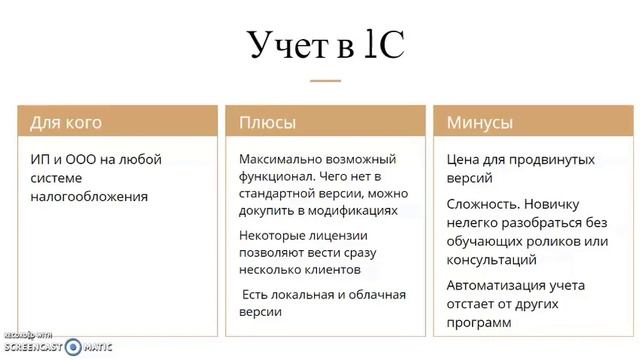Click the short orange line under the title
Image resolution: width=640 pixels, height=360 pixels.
tap(325, 80)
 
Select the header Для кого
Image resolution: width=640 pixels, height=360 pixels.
tap(66, 123)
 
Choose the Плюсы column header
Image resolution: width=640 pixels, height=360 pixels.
tap(267, 123)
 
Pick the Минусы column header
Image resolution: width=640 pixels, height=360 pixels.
tap(480, 123)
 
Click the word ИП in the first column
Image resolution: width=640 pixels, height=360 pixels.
tap(39, 159)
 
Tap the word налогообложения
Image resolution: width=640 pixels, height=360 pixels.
tap(89, 197)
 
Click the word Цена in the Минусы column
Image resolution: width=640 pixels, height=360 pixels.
tap(464, 159)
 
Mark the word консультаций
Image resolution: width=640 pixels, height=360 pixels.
tap(492, 259)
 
